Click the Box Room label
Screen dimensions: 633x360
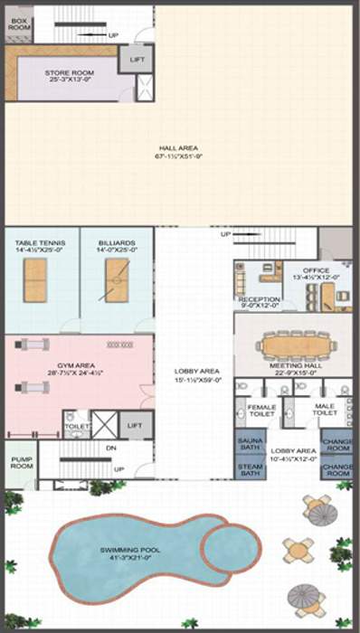[x=19, y=24]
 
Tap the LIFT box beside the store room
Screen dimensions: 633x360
[x=137, y=59]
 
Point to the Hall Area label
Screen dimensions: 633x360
[x=178, y=152]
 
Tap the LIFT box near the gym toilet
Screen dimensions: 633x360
[x=135, y=424]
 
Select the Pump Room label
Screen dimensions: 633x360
[x=21, y=462]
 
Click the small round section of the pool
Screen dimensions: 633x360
[x=230, y=544]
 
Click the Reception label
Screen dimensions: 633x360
[x=259, y=301]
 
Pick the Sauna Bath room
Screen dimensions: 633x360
[x=251, y=444]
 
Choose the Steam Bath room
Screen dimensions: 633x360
[x=251, y=469]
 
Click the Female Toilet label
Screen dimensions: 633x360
[x=261, y=411]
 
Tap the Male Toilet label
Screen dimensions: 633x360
[x=323, y=411]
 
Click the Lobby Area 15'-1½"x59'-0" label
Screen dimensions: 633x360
[x=196, y=374]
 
